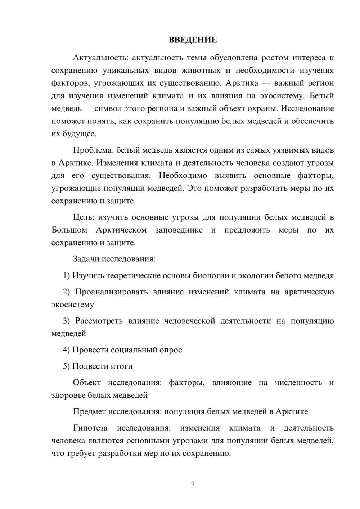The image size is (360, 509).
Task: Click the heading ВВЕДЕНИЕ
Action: [193, 40]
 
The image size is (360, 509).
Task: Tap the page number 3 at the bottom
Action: [193, 485]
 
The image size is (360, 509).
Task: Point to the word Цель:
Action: [84, 217]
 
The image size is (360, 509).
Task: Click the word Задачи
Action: [86, 259]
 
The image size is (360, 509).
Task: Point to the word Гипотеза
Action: [90, 428]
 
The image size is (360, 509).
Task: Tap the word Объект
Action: [87, 383]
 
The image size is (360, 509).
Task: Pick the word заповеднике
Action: [179, 230]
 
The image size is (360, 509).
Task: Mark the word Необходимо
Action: [183, 176]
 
